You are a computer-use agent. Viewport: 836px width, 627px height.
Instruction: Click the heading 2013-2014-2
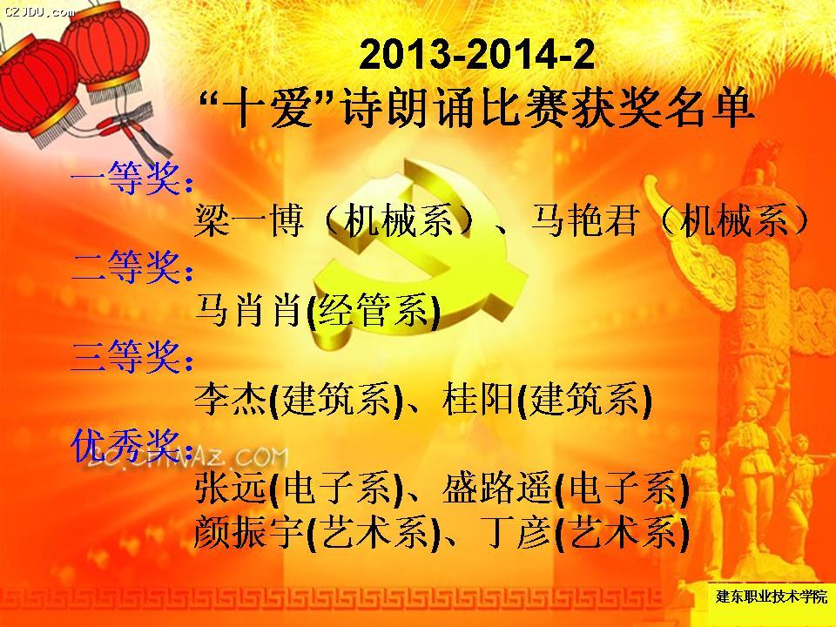[x=476, y=54]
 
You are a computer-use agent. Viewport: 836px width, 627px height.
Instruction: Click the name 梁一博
[x=249, y=220]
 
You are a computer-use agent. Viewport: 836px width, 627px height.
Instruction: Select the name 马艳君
[x=585, y=220]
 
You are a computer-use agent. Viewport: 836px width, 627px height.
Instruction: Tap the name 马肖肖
[x=249, y=309]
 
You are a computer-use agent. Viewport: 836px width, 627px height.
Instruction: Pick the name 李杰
[x=230, y=399]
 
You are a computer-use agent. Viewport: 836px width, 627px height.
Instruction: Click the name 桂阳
[x=478, y=399]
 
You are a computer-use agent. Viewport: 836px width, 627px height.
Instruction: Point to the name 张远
[x=230, y=488]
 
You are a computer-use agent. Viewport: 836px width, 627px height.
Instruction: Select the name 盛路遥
[x=497, y=488]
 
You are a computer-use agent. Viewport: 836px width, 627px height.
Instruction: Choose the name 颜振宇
[x=249, y=532]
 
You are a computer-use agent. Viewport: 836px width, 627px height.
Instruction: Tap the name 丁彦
[x=516, y=532]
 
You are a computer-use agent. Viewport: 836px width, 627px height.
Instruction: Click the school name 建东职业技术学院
[x=771, y=596]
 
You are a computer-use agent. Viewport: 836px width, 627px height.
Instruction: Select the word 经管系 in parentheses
[x=373, y=309]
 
